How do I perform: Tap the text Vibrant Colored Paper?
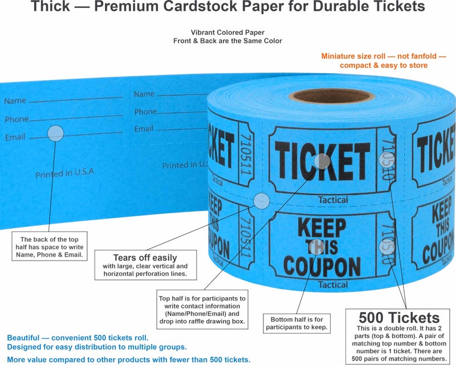click(228, 33)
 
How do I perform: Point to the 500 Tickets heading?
click(399, 318)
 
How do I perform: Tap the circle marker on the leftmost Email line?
click(55, 134)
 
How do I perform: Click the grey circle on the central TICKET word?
click(322, 161)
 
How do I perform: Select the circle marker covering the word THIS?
click(315, 247)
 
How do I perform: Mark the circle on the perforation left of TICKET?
click(262, 201)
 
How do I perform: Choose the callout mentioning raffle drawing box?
click(202, 310)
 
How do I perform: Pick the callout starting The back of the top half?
click(52, 247)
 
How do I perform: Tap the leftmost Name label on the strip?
click(15, 101)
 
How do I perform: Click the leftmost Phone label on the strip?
click(17, 119)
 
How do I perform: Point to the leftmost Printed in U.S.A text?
click(64, 173)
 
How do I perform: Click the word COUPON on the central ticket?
click(322, 266)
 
